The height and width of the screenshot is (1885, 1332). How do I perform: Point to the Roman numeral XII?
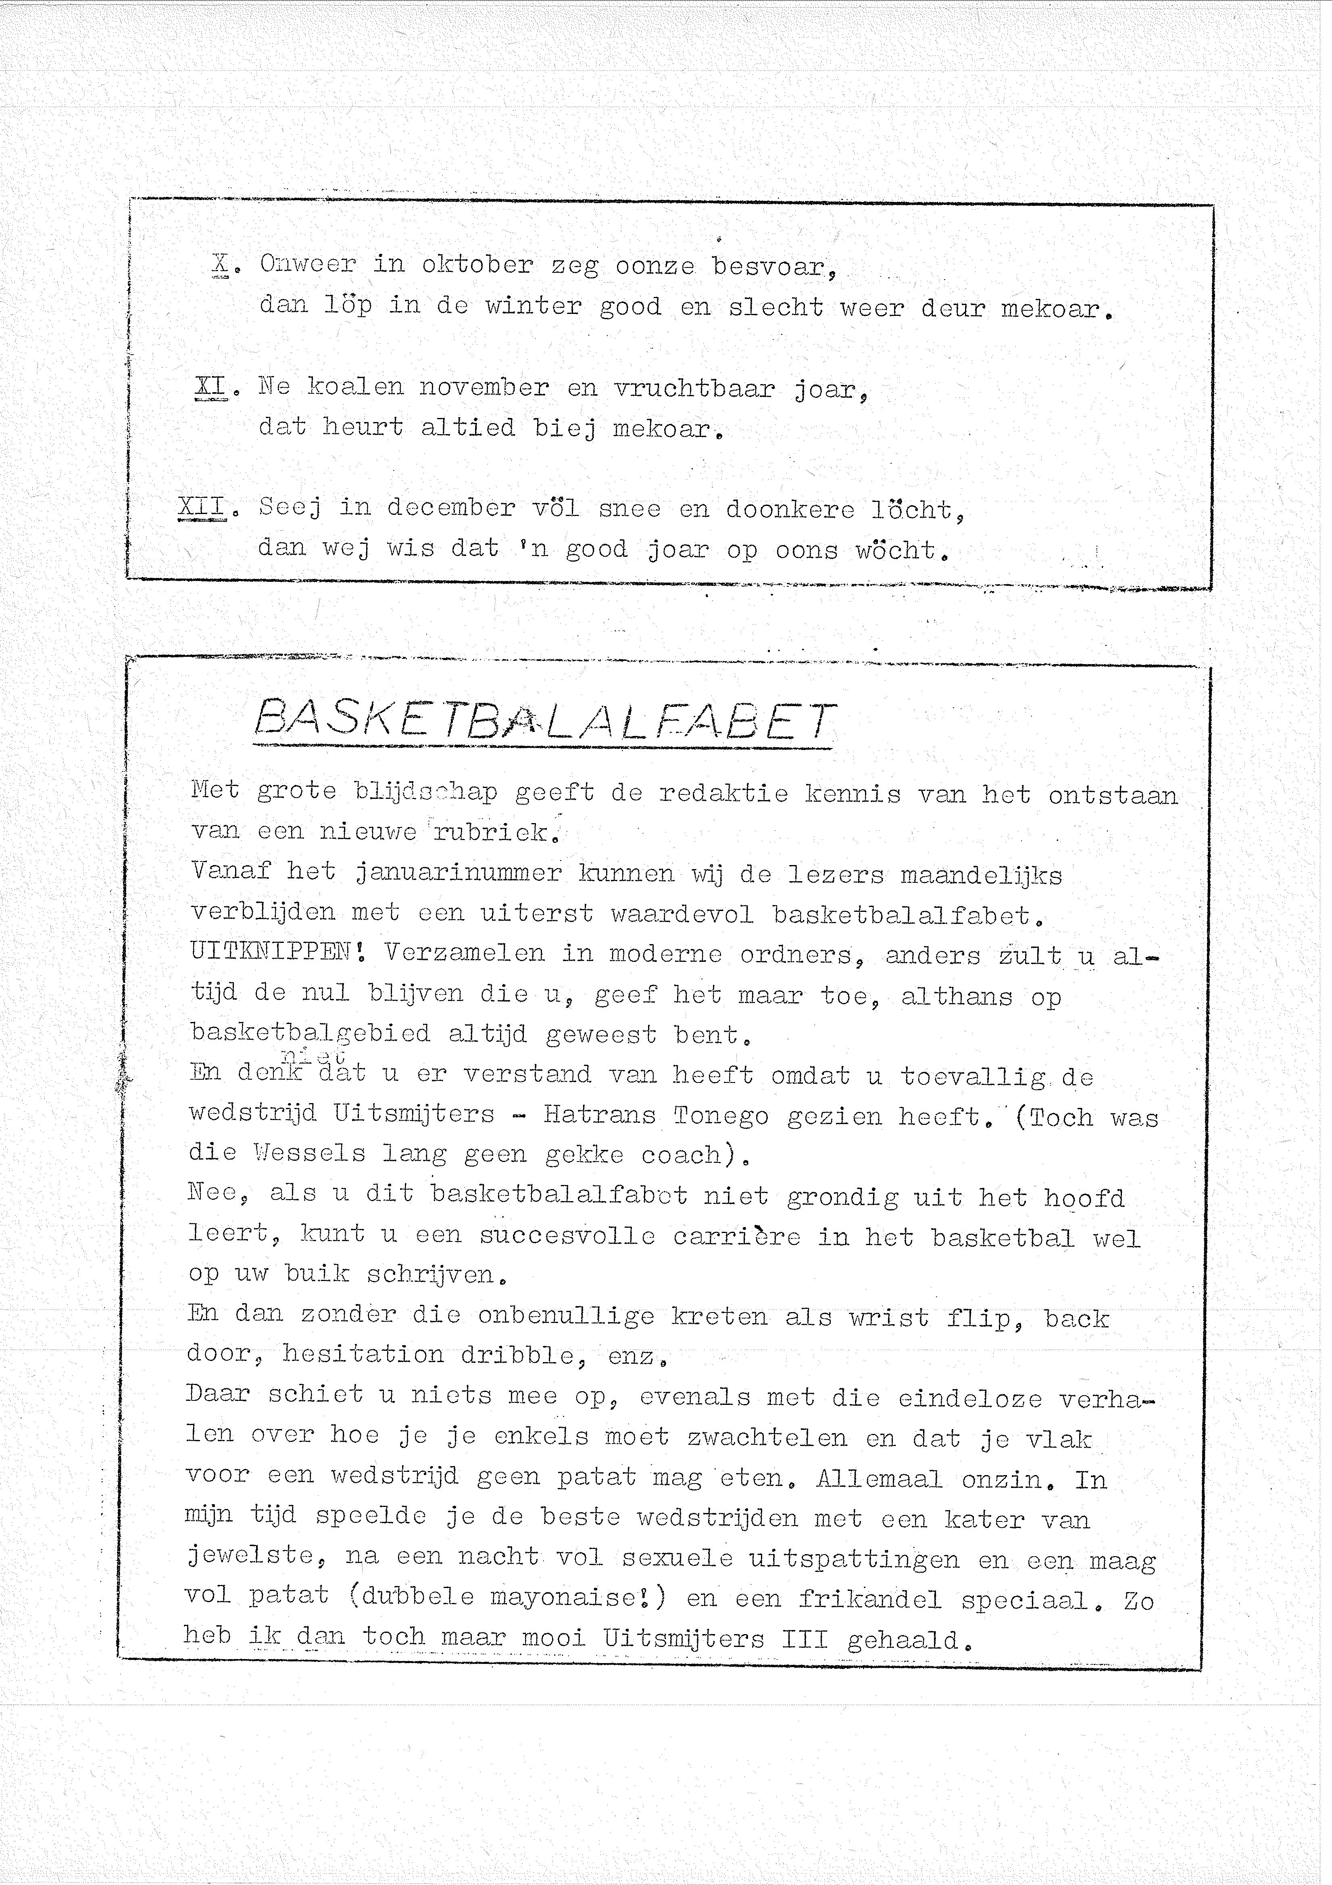(x=202, y=508)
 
